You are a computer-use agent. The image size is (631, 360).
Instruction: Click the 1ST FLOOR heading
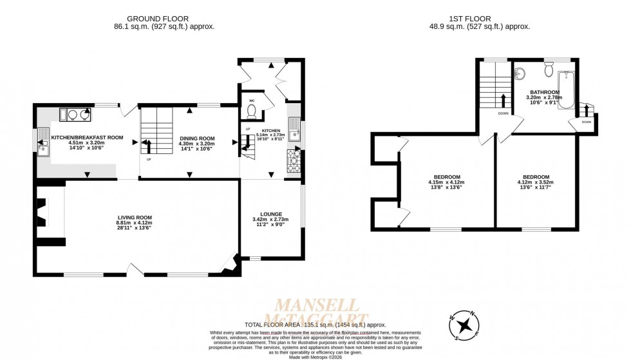[x=479, y=18]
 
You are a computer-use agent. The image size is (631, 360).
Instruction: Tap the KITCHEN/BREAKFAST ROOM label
[x=87, y=137]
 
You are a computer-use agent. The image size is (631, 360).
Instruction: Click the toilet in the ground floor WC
[x=252, y=112]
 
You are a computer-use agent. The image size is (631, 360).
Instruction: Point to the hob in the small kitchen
[x=294, y=161]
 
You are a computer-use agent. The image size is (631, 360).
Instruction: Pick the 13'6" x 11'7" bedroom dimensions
[x=536, y=188]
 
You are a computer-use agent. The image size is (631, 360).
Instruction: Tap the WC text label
[x=251, y=100]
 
